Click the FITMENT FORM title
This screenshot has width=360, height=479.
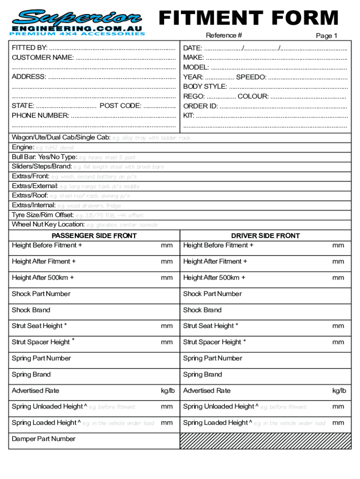tap(248, 18)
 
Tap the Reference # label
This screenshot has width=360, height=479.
tap(224, 36)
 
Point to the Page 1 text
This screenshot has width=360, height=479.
tap(326, 36)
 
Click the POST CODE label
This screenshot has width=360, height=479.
tap(120, 106)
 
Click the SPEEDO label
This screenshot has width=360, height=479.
tap(251, 77)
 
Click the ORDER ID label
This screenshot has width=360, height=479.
tap(200, 106)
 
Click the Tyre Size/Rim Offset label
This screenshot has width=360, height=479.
tap(43, 215)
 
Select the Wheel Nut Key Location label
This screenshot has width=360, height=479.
tap(48, 225)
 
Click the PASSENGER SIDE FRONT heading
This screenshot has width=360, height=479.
tap(94, 236)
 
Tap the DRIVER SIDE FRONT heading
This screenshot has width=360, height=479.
tap(265, 236)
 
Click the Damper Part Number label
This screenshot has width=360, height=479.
tap(43, 439)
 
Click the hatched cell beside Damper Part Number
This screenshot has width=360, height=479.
tap(265, 441)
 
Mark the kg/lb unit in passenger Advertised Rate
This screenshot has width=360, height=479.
tap(167, 391)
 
